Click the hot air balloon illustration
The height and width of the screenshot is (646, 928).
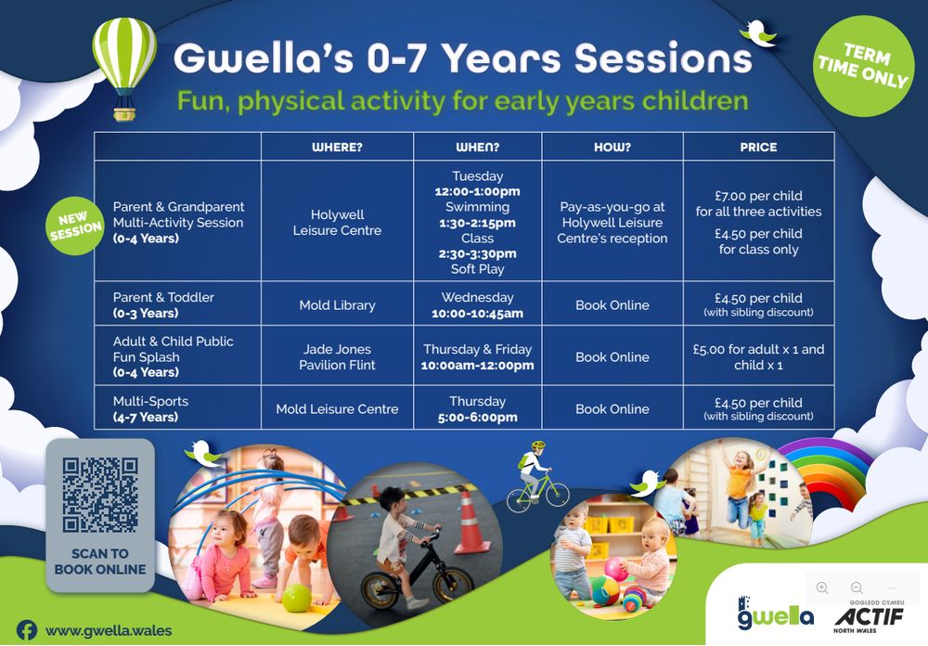click(x=124, y=68)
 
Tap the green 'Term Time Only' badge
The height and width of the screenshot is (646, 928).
click(x=863, y=66)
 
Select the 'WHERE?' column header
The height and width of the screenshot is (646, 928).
click(x=338, y=147)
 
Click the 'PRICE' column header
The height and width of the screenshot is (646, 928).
click(x=758, y=147)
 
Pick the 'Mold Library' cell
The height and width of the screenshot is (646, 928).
click(x=338, y=305)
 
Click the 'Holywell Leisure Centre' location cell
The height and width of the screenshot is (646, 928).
click(x=338, y=222)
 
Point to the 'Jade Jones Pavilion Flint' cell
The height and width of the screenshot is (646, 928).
click(x=338, y=356)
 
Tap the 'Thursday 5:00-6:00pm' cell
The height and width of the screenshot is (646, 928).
click(x=478, y=408)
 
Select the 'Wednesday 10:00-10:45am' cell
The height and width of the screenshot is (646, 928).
click(x=478, y=305)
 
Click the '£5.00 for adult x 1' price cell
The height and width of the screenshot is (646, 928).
click(x=758, y=356)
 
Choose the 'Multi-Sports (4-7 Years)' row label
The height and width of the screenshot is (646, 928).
click(x=151, y=408)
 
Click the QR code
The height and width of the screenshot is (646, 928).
click(x=100, y=495)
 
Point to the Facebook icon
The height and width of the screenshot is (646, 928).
click(x=27, y=630)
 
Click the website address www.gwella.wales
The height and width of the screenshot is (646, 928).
click(x=109, y=630)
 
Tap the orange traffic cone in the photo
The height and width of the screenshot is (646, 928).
click(x=470, y=522)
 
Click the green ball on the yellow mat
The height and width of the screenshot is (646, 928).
click(x=297, y=598)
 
